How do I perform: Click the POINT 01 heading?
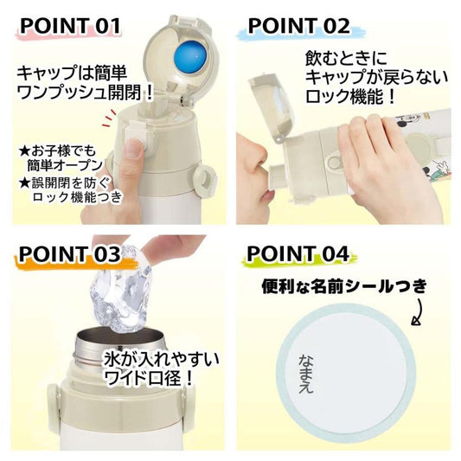71,26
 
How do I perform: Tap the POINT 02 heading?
298,26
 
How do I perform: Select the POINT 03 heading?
70,254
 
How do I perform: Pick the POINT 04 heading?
298,253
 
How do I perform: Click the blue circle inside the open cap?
190,57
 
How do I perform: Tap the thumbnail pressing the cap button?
134,149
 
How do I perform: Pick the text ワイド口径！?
149,377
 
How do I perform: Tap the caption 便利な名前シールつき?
343,285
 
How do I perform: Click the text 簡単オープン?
65,165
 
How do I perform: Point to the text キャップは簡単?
72,74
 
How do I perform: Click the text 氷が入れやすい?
161,359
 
